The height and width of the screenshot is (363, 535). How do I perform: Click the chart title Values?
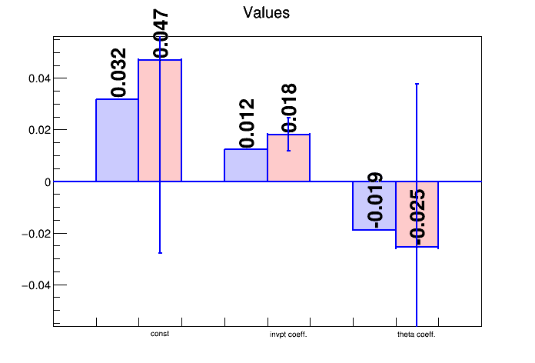point(266,13)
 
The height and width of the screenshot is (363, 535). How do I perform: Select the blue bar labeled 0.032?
point(118,140)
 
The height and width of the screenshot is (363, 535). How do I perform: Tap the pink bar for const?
point(160,120)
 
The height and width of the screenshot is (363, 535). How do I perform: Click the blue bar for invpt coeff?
point(246,165)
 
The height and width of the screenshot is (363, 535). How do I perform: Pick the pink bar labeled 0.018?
point(289,158)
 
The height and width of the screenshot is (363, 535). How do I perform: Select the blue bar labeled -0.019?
point(374,205)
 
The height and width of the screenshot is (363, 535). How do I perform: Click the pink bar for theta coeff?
point(417,214)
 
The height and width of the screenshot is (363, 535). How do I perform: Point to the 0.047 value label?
point(161,34)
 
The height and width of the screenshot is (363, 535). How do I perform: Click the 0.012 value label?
point(247,123)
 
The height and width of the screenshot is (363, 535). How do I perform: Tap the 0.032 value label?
point(118,72)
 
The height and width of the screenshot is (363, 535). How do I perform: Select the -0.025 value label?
point(417,217)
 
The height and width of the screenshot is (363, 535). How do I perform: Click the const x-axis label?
point(160,334)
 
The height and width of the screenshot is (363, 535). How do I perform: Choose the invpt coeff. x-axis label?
point(288,335)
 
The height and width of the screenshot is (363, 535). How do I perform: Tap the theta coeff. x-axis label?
point(417,335)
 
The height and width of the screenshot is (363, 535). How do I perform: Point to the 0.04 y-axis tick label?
point(39,78)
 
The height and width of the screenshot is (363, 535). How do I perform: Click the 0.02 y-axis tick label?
point(39,130)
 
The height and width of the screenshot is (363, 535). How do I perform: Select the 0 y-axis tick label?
point(48,182)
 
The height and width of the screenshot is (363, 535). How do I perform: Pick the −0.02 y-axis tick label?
point(36,234)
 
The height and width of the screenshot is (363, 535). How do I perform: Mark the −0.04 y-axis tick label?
point(36,285)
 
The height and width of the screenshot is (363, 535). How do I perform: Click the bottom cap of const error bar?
point(160,253)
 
